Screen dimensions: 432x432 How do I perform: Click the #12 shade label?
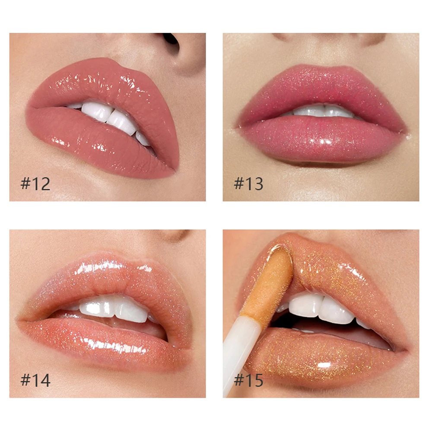click(x=35, y=184)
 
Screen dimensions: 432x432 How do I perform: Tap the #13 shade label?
click(x=248, y=184)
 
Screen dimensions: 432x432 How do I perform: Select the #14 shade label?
click(x=35, y=380)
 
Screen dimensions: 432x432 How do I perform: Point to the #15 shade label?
click(x=248, y=380)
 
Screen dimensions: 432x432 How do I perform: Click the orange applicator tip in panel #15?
click(x=270, y=281)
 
